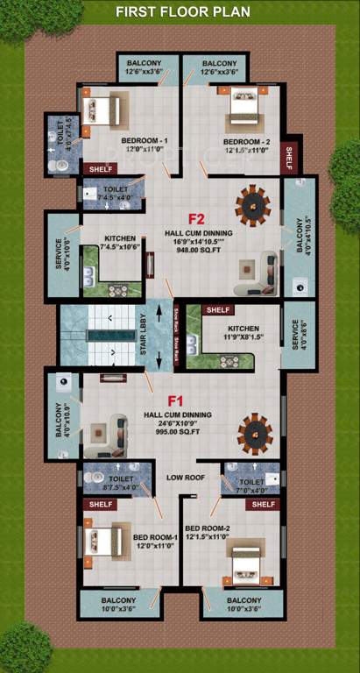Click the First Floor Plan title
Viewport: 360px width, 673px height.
coord(183,11)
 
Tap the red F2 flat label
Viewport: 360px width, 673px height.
coord(196,218)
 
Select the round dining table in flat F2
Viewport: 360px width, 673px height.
coord(252,203)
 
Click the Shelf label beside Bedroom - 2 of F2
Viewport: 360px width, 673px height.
coord(289,157)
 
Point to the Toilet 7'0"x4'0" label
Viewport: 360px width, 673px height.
coord(251,485)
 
